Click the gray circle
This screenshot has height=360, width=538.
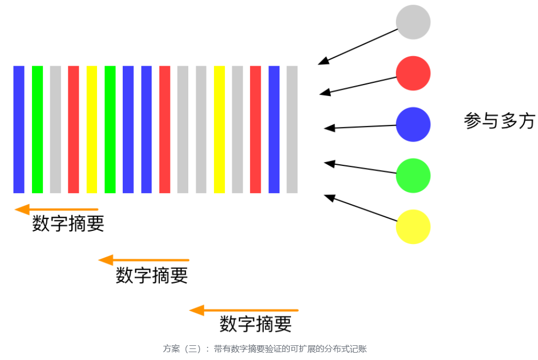(x=413, y=22)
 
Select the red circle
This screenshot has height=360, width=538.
(x=413, y=73)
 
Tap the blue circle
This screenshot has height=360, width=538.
(x=413, y=124)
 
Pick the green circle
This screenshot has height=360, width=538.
(x=413, y=175)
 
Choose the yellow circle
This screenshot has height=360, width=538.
(x=413, y=227)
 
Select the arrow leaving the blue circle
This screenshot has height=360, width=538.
(x=360, y=126)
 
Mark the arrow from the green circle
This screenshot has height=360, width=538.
(x=360, y=167)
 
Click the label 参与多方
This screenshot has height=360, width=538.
(x=499, y=121)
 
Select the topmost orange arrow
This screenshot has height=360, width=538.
(x=57, y=209)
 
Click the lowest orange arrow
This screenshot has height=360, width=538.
(x=244, y=311)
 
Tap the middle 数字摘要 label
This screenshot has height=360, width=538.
(x=152, y=275)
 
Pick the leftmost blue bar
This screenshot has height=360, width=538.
(x=19, y=129)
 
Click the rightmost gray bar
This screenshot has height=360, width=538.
(x=292, y=129)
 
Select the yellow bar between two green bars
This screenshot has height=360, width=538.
(x=92, y=129)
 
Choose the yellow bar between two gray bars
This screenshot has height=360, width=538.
(x=219, y=129)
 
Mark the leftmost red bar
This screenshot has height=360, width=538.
(x=73, y=129)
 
